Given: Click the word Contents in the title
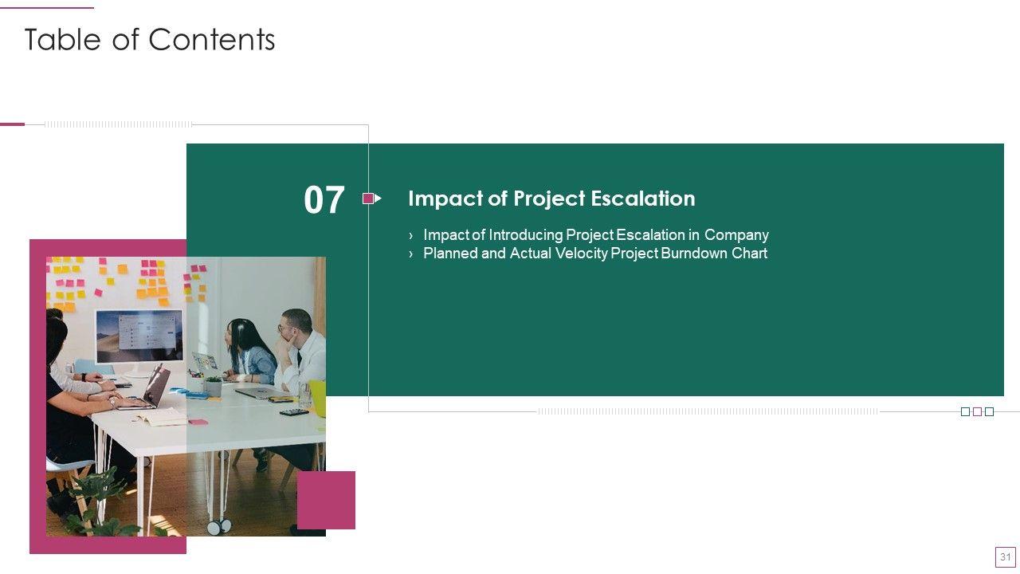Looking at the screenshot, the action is pos(212,40).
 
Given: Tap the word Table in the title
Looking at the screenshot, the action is pos(62,40).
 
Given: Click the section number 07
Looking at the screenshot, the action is pos(324,199).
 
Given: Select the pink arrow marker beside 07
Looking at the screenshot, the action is pos(372,199).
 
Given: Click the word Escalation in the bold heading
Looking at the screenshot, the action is pos(643,199).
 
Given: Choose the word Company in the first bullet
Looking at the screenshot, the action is pos(736,235).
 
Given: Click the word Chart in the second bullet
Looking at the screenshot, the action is pos(750,254).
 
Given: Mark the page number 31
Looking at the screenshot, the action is pos(1006,556).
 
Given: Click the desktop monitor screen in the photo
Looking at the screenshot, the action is pos(139,336).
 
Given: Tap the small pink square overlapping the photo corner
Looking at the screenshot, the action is pos(326,500).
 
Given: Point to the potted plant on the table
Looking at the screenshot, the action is pos(213,386).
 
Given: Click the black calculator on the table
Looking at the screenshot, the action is pos(294,412).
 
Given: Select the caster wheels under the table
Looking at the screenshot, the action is pos(219,527).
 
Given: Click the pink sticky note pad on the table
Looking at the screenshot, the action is pos(198,423).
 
